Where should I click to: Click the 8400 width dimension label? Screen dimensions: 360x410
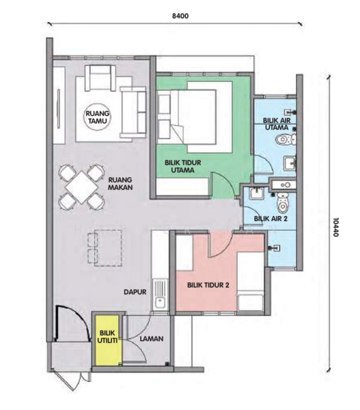pos(180,16)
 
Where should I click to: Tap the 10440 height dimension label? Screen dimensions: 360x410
pos(335,228)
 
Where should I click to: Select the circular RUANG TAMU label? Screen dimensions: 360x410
pos(98,117)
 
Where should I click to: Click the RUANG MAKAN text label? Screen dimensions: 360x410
pos(120,184)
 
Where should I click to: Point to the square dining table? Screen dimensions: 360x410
pos(82,187)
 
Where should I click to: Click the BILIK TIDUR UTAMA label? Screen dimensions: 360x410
pos(183,166)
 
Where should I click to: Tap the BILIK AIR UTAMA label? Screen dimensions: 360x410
pos(277,124)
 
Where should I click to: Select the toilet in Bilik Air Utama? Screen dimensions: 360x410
pos(286,139)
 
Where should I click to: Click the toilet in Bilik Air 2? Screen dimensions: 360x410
pos(283,202)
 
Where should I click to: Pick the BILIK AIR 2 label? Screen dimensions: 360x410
pos(271,219)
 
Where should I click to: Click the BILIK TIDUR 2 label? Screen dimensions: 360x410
pos(208,285)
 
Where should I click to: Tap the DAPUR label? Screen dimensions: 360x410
pos(135,292)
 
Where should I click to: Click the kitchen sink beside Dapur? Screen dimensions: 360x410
pos(159,295)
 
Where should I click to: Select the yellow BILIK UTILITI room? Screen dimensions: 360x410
pos(108,340)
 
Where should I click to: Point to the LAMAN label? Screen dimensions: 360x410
pos(152,339)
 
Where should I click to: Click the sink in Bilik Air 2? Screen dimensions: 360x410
pos(257,193)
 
